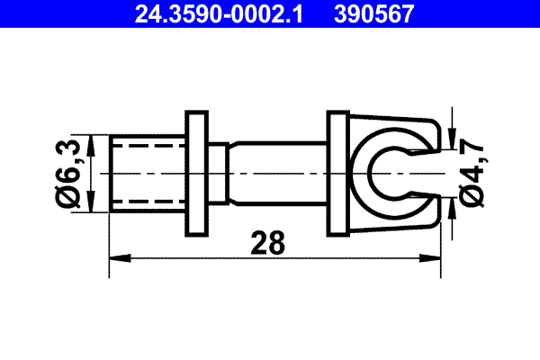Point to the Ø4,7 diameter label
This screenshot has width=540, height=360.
469,172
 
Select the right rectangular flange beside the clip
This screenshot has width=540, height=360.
337,172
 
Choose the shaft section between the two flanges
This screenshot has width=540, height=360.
274,172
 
